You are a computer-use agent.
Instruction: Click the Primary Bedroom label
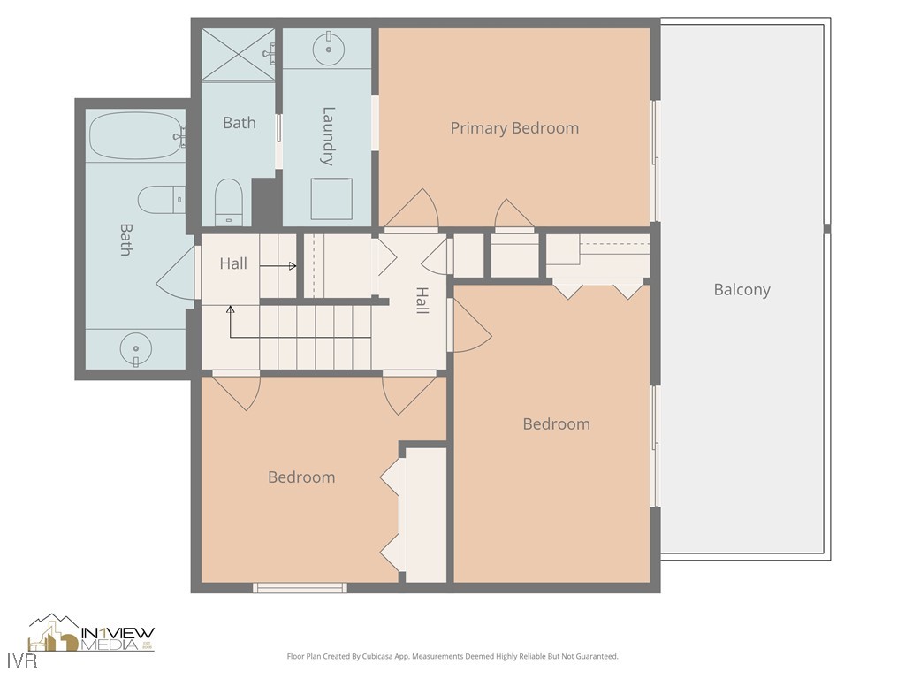(x=514, y=128)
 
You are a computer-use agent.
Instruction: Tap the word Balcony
(x=741, y=290)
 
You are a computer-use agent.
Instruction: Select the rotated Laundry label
(x=328, y=136)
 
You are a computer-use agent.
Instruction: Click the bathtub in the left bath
(x=135, y=135)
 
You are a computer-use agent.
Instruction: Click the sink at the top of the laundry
(x=328, y=50)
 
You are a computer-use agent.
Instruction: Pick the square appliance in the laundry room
(x=331, y=199)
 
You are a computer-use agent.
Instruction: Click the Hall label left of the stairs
(x=233, y=263)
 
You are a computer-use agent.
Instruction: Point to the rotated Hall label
(x=422, y=301)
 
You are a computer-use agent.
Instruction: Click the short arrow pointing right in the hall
(x=285, y=264)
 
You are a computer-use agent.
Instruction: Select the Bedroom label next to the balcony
(x=556, y=424)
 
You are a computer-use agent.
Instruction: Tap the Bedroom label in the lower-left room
(x=301, y=477)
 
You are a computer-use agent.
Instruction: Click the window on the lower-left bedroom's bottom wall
(x=300, y=587)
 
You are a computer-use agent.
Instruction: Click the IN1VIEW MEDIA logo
(x=92, y=635)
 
